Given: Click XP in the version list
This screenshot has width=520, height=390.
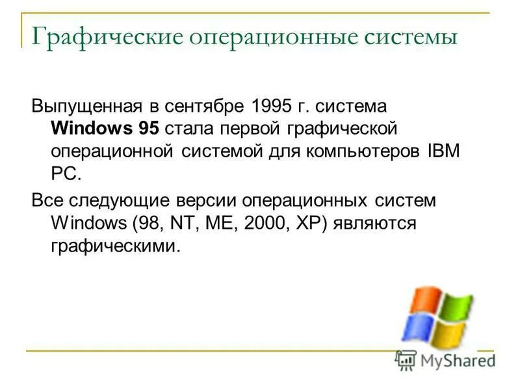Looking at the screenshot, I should point(310,223).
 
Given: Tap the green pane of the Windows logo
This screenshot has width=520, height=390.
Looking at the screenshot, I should point(456,307).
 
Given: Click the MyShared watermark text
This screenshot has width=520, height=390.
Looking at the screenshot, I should point(455,359).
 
